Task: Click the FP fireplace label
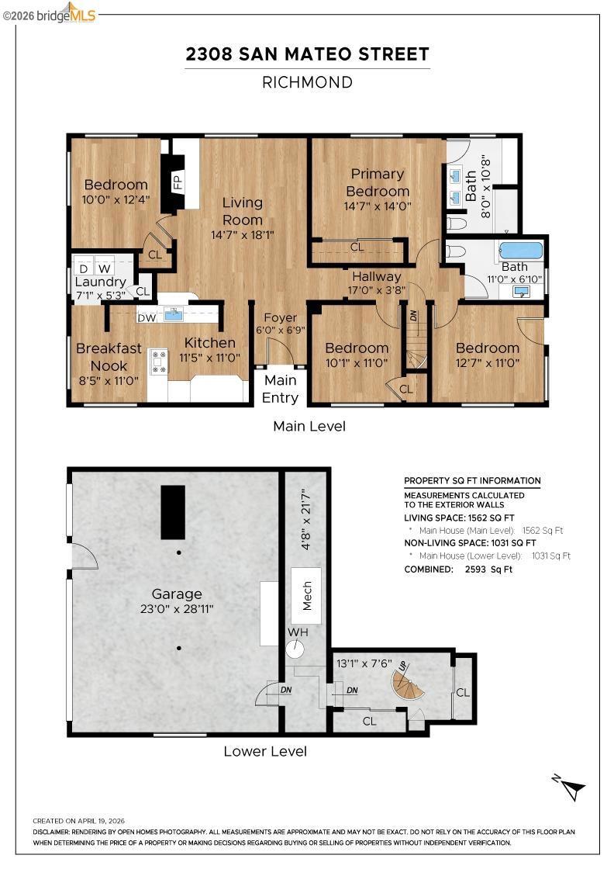178,182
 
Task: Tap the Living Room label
243,211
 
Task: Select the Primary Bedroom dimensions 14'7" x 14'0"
378,206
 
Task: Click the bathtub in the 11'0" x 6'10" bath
521,250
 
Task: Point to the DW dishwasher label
147,318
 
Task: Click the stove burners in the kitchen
159,361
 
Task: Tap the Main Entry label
280,389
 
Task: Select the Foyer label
280,317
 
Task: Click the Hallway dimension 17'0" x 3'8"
377,290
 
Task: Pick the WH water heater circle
295,649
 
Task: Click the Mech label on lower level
307,595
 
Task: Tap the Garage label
177,594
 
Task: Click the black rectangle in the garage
173,513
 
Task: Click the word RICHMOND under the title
307,82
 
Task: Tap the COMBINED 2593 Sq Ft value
489,570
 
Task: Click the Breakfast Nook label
109,357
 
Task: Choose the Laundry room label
100,282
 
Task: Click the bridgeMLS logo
50,13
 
